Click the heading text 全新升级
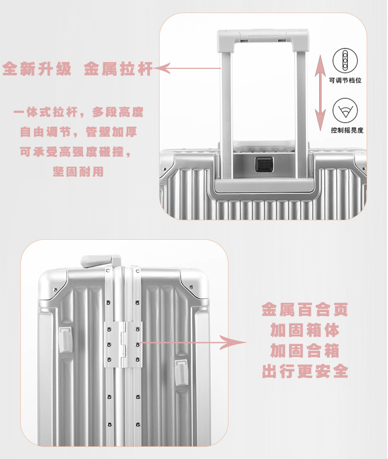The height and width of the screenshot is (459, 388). click(x=37, y=68)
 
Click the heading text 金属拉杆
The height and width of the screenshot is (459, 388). click(x=118, y=68)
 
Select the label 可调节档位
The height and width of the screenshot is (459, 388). click(x=345, y=80)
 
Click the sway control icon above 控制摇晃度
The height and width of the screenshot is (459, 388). click(x=345, y=110)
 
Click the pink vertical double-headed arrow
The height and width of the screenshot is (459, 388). click(x=320, y=92)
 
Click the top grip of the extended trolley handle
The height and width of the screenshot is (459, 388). click(x=263, y=36)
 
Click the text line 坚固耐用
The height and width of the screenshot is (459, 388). click(x=78, y=171)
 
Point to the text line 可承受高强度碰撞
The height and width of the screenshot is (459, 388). click(x=76, y=151)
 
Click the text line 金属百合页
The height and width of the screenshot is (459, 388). click(x=305, y=309)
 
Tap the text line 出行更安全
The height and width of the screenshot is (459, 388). click(x=305, y=371)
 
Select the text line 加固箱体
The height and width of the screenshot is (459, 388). click(x=305, y=330)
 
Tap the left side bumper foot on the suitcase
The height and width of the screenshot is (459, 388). click(x=65, y=340)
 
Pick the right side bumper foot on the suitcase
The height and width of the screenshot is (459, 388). click(x=181, y=372)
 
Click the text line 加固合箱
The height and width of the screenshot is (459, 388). click(x=305, y=350)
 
